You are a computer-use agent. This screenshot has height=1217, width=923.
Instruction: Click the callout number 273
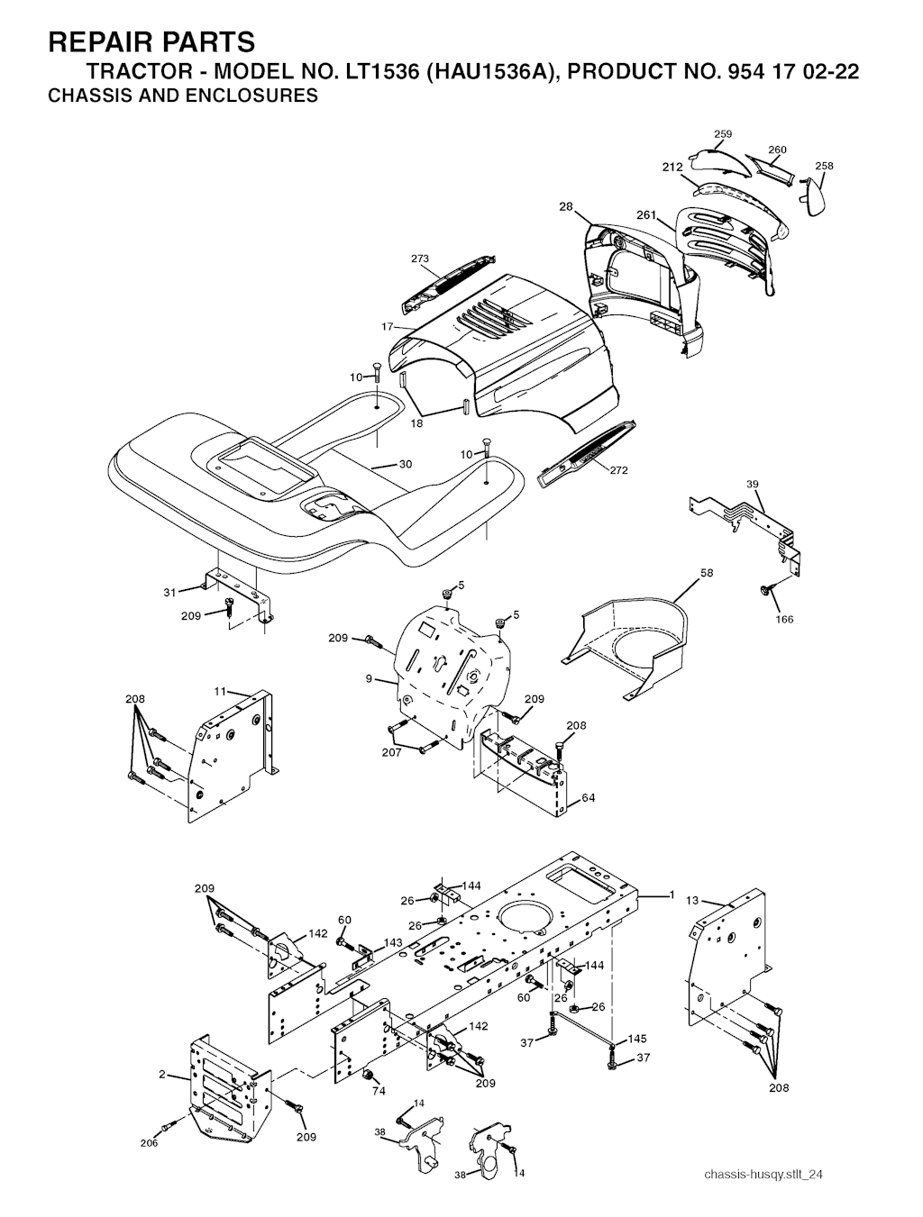[420, 259]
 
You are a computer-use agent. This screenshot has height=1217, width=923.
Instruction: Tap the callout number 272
[618, 470]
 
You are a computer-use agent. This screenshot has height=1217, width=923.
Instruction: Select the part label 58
[707, 573]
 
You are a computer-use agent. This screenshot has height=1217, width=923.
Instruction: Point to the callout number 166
[784, 620]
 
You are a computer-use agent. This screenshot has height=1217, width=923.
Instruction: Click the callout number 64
[589, 797]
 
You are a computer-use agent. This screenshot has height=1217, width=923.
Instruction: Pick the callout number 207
[391, 752]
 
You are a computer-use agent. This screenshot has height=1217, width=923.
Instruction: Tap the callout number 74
[379, 1091]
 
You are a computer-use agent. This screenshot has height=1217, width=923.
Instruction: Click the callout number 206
[149, 1143]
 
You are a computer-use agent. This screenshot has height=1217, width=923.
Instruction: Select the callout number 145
[637, 1039]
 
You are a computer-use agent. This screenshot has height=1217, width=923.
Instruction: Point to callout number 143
[393, 942]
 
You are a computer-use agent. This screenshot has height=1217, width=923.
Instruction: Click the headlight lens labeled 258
[813, 195]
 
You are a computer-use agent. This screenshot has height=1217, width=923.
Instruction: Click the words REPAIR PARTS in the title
[151, 42]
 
